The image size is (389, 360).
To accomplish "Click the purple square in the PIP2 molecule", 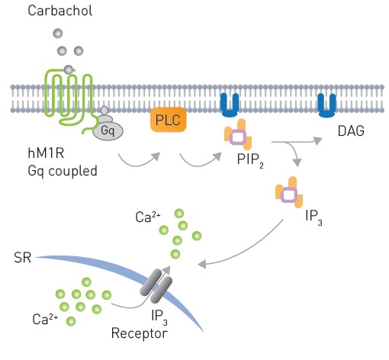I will point(239,137).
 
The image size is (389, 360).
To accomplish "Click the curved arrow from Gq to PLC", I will point(138,159).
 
